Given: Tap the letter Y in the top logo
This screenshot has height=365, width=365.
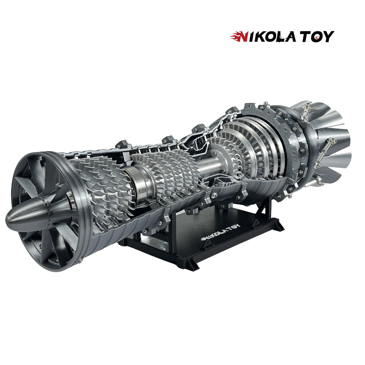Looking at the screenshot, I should [x=328, y=37].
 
